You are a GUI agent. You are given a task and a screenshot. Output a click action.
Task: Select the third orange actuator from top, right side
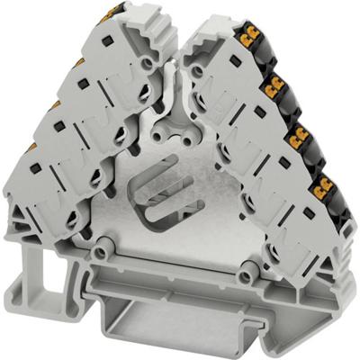[296, 136]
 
